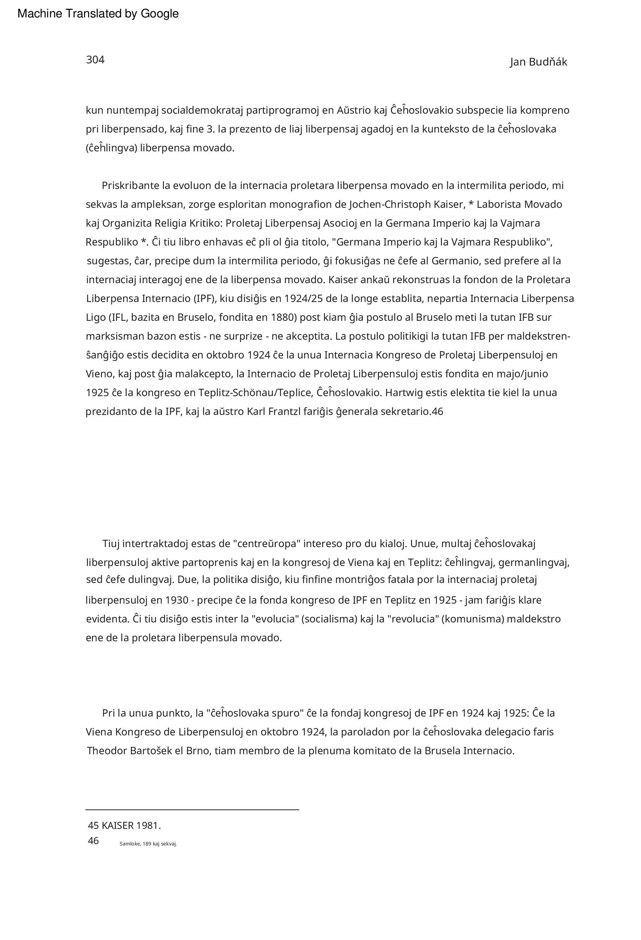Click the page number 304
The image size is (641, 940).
[95, 60]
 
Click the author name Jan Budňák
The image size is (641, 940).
[538, 62]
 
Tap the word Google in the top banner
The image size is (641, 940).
[159, 14]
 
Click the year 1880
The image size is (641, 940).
[282, 318]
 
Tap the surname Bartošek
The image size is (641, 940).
[151, 751]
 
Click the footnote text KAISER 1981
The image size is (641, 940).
[131, 826]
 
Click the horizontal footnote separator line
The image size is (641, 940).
[192, 810]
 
